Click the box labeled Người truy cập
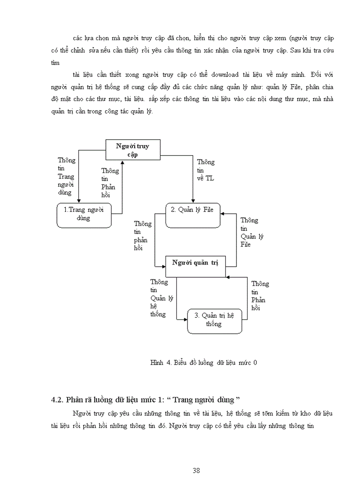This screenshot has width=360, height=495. pyautogui.click(x=133, y=150)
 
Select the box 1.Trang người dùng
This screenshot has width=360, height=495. pyautogui.click(x=83, y=215)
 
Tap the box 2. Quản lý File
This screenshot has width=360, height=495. pyautogui.click(x=193, y=215)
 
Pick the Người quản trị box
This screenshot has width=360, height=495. pyautogui.click(x=195, y=266)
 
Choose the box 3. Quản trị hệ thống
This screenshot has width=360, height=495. pyautogui.click(x=214, y=321)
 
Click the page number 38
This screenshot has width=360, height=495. pyautogui.click(x=197, y=470)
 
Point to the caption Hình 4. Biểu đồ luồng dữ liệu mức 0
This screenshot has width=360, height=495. pyautogui.click(x=203, y=363)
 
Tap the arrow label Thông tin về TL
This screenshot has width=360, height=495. pyautogui.click(x=206, y=170)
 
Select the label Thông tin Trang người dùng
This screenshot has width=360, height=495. pyautogui.click(x=66, y=176)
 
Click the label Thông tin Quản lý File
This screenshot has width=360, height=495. pyautogui.click(x=252, y=232)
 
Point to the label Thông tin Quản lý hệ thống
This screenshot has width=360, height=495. pyautogui.click(x=161, y=298)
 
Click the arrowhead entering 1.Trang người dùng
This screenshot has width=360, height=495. pyautogui.click(x=79, y=201)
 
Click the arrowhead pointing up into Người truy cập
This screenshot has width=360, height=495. pyautogui.click(x=122, y=163)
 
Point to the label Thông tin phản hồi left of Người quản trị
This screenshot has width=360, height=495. pyautogui.click(x=142, y=236)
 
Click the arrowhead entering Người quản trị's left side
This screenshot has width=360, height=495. pyautogui.click(x=163, y=266)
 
